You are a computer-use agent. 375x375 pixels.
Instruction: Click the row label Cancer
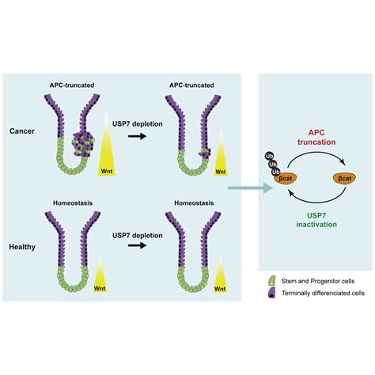click(29, 132)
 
